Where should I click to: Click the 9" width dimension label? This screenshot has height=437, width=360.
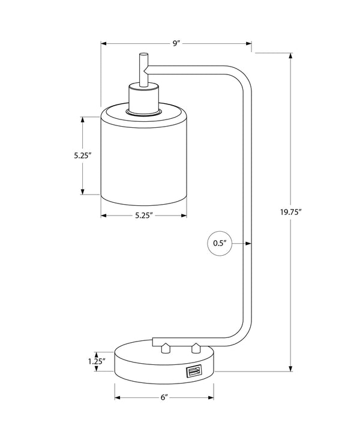(176, 44)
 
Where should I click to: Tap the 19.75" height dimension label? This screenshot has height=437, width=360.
(290, 212)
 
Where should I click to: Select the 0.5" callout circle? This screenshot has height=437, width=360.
(219, 243)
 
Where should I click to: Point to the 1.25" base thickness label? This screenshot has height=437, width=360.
(95, 361)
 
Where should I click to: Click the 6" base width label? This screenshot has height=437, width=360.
(164, 397)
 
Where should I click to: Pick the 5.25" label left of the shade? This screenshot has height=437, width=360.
(82, 155)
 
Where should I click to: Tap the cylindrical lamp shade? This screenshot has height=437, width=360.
(149, 156)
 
